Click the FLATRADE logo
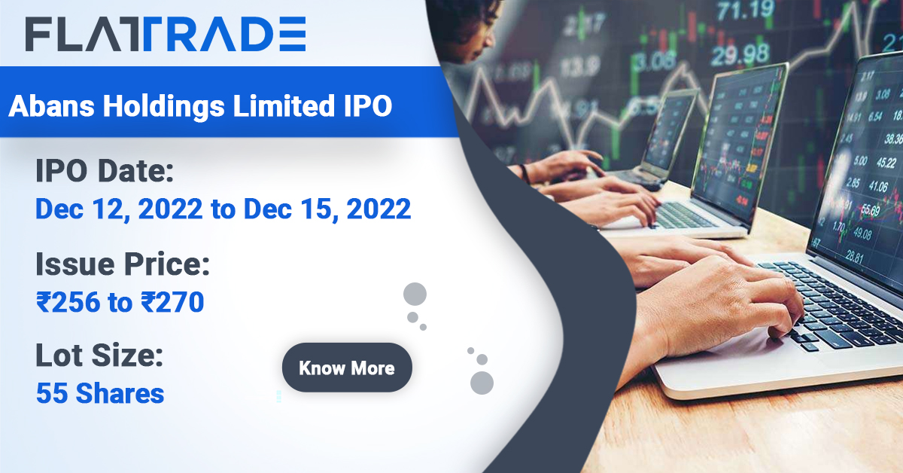pos(166,35)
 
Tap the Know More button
pos(347,368)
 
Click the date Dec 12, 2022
pos(118,209)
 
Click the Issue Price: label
pos(122,264)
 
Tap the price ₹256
pos(68,302)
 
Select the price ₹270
pos(172,302)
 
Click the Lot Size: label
pos(99,356)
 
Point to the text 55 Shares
pos(100,393)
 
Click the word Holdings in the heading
pos(164,106)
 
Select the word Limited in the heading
pos(283,106)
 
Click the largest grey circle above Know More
pos(415,294)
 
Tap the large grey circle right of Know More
pos(482,383)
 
